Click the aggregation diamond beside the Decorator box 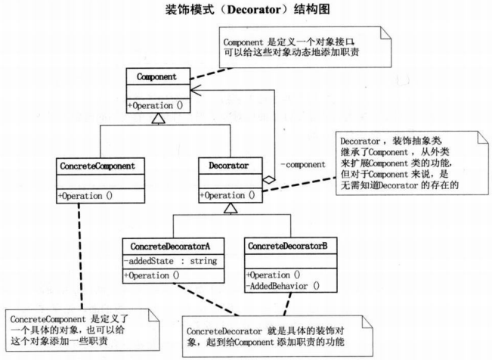(x=268, y=181)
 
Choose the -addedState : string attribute (x=169, y=260)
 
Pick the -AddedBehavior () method (x=279, y=285)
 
